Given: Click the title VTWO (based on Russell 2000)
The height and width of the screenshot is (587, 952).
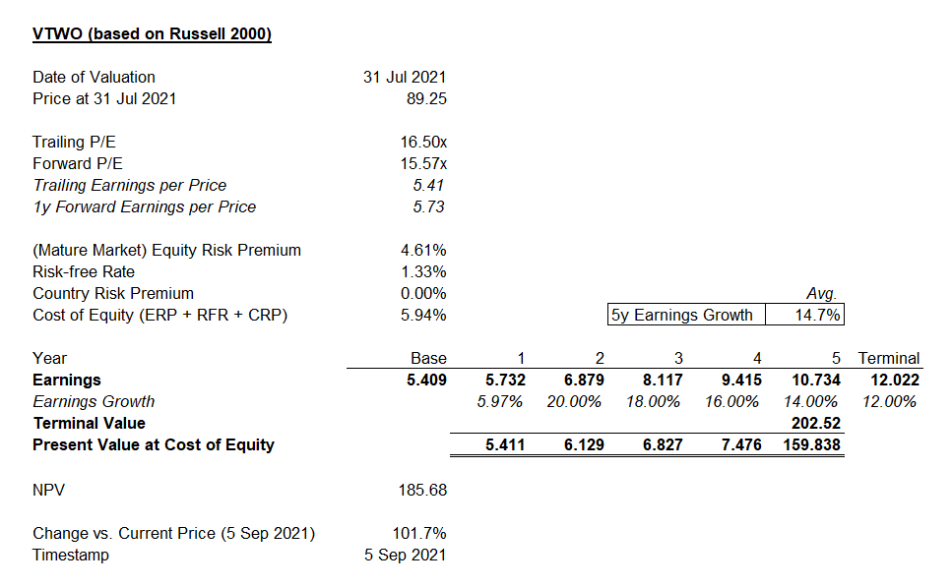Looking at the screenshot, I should pos(152,34).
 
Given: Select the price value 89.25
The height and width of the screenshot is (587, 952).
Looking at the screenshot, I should pos(426,98).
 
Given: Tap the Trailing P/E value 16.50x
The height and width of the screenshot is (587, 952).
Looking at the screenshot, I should pos(422,143).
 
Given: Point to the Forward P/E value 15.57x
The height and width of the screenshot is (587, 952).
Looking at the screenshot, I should pos(422,164).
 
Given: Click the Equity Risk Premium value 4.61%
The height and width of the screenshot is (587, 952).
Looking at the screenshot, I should pos(423,250).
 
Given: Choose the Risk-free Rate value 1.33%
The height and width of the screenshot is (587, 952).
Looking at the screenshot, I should pos(423,271).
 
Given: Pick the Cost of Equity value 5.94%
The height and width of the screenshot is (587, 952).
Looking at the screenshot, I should pos(423,315).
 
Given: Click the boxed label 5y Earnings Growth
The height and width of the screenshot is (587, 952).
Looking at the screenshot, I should pos(682,315).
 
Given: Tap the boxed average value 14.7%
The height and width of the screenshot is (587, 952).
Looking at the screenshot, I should pos(803,315).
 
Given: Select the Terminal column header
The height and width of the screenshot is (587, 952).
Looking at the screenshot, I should pos(888,358).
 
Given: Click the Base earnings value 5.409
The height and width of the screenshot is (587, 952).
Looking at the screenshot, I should pos(426,380).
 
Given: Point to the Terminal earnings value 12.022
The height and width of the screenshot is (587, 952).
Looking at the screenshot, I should pos(894,380).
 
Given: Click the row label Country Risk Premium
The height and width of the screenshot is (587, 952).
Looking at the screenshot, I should pos(112,293).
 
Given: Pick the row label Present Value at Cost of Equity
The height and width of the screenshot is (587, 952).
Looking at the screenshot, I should pos(153,444).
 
